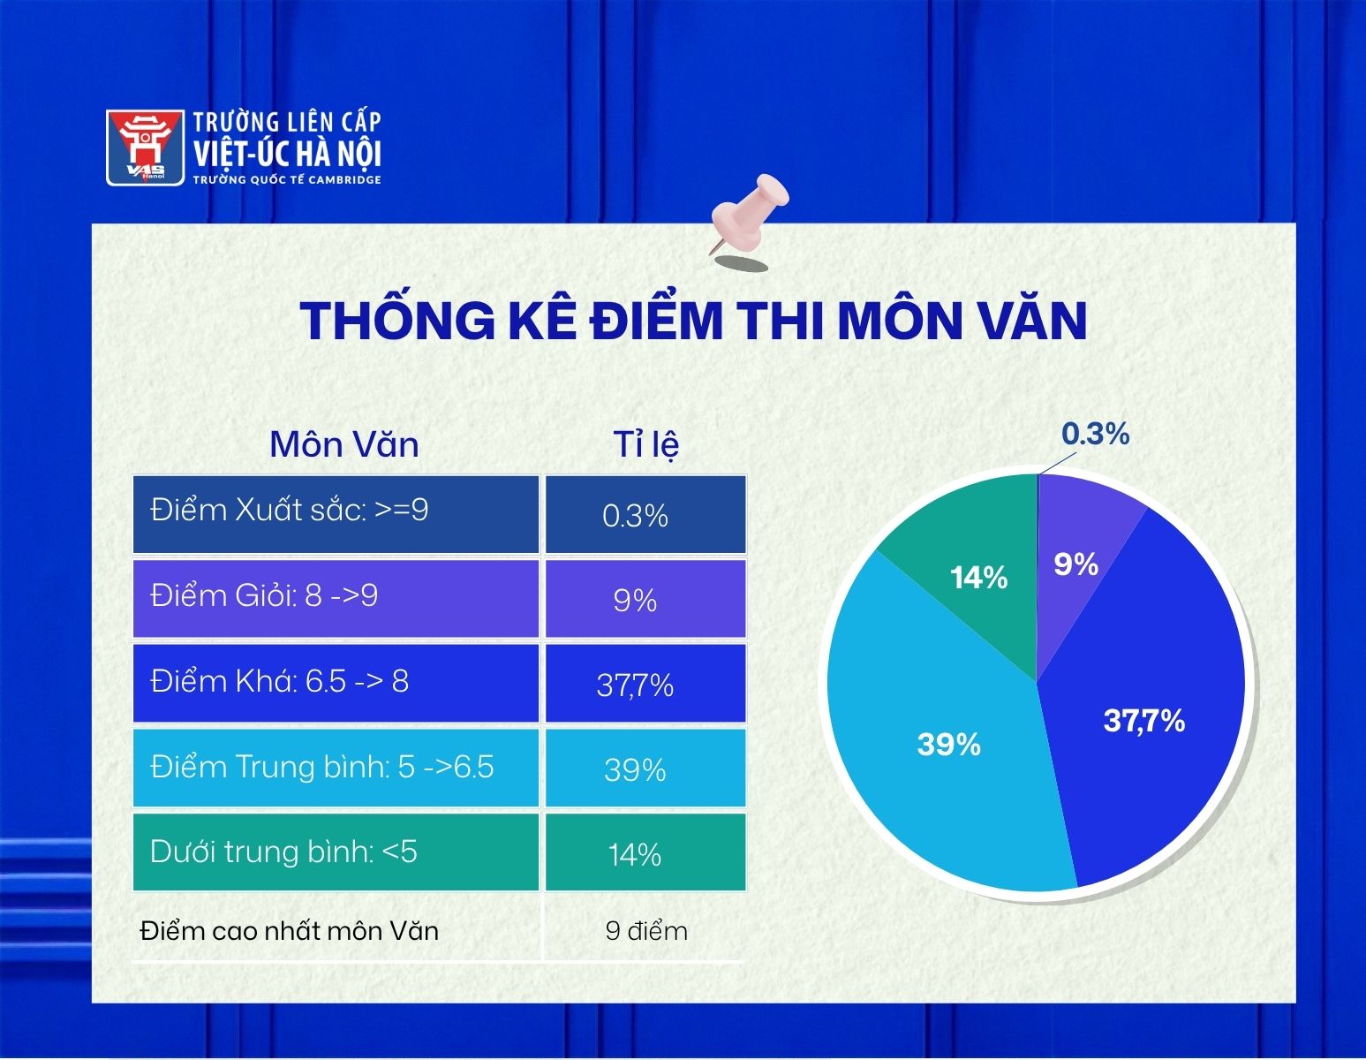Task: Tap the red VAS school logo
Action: [x=145, y=148]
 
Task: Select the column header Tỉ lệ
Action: [x=645, y=444]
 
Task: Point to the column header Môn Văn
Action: [x=343, y=444]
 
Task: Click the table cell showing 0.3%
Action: [x=645, y=515]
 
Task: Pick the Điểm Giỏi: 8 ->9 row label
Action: [x=264, y=595]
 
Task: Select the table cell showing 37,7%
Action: [x=645, y=684]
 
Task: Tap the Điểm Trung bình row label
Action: [x=322, y=767]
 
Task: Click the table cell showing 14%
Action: [x=645, y=852]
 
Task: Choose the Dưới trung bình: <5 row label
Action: [x=283, y=852]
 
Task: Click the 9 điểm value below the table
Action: [x=646, y=931]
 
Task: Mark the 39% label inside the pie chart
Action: [x=948, y=745]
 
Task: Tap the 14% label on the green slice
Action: [x=978, y=577]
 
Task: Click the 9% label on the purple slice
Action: [x=1076, y=564]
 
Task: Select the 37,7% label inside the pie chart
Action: [x=1144, y=721]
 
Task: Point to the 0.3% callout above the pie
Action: [x=1096, y=434]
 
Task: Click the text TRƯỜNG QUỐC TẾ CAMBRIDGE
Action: [x=287, y=180]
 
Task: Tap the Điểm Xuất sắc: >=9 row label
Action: [x=289, y=510]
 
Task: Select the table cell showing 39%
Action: [x=645, y=768]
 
